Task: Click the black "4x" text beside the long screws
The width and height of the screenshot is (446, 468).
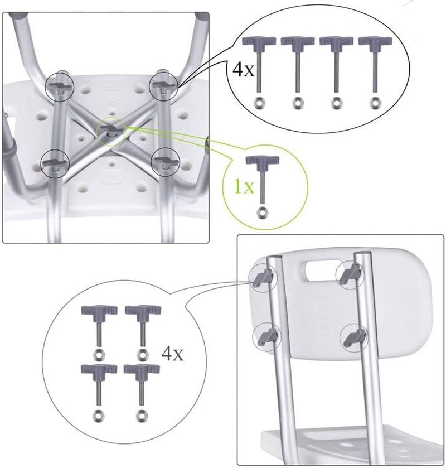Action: (x=244, y=71)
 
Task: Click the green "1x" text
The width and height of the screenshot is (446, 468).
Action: (x=244, y=186)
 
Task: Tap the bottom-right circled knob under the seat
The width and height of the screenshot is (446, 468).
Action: (x=165, y=162)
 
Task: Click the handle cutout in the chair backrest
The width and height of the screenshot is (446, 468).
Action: (x=316, y=273)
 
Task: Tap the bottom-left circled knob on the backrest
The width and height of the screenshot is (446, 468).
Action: (x=266, y=336)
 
